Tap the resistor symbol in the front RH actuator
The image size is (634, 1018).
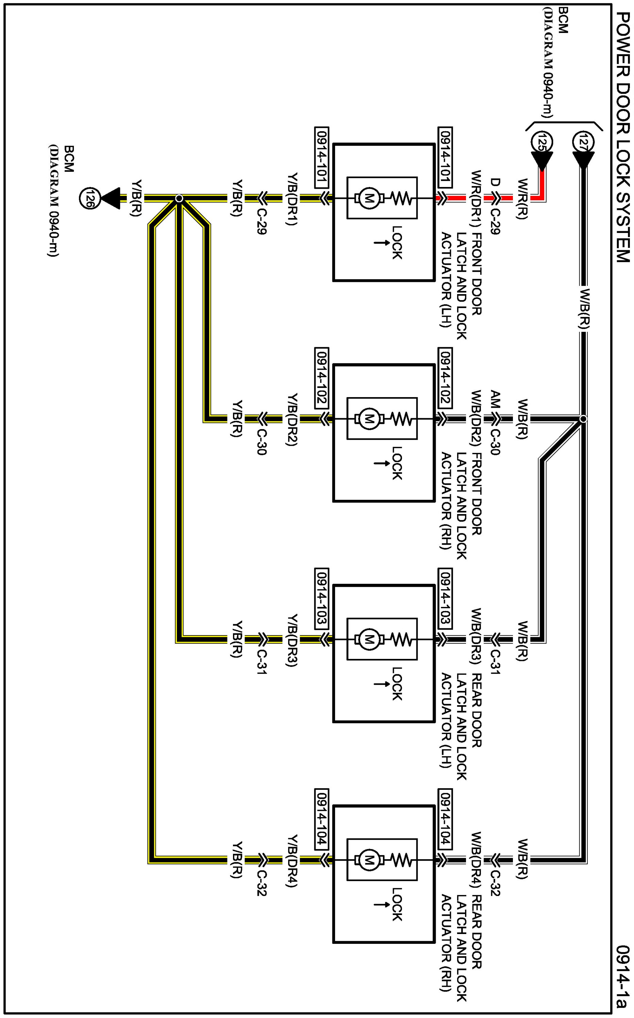point(402,418)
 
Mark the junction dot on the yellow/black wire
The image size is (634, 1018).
point(179,198)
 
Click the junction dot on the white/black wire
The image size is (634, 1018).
point(583,419)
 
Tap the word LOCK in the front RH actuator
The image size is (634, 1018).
point(397,463)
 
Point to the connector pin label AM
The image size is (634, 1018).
point(495,400)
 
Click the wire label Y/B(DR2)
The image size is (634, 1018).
point(293,419)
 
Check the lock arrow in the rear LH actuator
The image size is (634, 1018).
point(381,684)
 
